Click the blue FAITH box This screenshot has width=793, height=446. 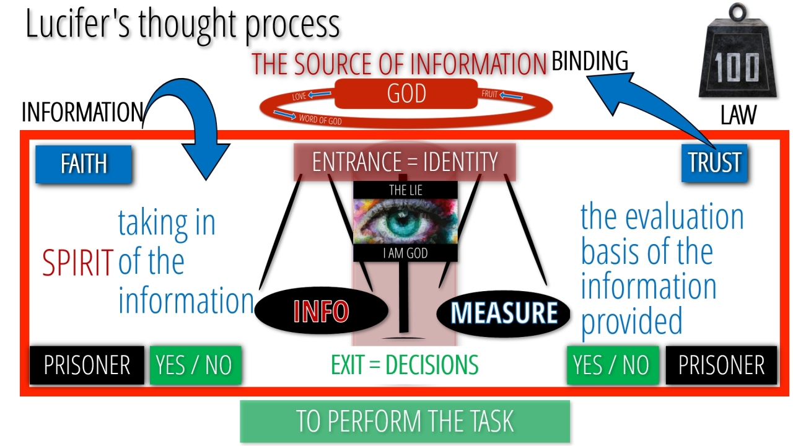tap(84, 164)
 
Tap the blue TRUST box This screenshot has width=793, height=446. tap(714, 164)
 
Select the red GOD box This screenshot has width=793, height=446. tap(406, 94)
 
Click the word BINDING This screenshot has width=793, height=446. tap(590, 61)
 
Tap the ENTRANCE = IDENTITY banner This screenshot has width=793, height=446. tap(405, 162)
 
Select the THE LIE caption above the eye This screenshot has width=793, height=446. tap(405, 190)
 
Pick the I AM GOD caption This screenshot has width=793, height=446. tap(405, 253)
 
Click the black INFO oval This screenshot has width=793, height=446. tap(321, 312)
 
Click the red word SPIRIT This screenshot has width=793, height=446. tap(78, 263)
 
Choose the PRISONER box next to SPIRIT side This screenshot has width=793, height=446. tap(87, 365)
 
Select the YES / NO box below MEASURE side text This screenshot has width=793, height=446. tap(611, 365)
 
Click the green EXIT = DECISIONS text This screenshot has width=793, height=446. tap(405, 365)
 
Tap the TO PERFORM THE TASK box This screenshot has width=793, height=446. tap(405, 421)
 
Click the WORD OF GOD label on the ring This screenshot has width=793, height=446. tap(320, 120)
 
